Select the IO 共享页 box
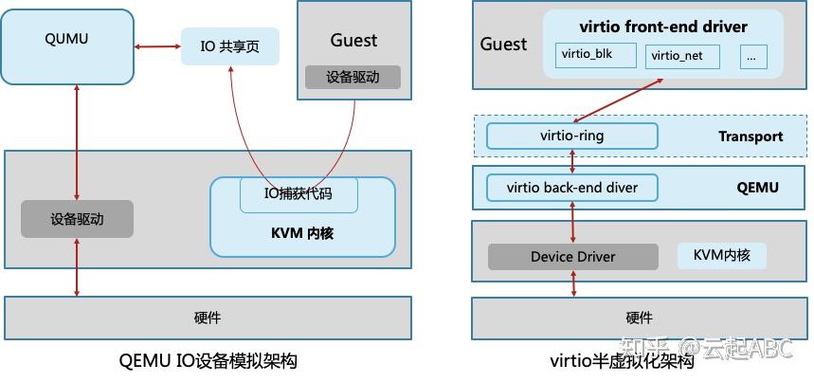point(230,46)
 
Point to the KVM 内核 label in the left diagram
point(302,231)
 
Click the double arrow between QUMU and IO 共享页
point(156,46)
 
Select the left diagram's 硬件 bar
point(208,318)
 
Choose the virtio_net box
point(682,56)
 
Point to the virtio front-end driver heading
point(663,27)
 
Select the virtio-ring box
point(571,136)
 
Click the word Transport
point(751,136)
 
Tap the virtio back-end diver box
point(571,188)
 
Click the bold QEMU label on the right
point(757,188)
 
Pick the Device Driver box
point(572,257)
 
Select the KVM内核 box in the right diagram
point(721,256)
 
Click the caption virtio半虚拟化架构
point(622,361)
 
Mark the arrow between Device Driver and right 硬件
point(572,282)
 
